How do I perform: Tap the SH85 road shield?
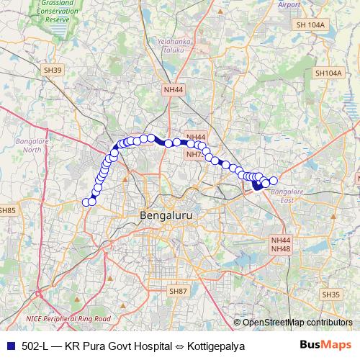click(8, 210)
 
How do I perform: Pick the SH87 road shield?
click(177, 290)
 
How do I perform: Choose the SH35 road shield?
click(331, 294)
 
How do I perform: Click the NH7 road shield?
click(194, 154)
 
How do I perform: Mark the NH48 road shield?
click(280, 248)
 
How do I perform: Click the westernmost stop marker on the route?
click(86, 202)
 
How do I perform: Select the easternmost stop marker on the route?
click(274, 181)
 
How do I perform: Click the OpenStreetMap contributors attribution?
click(297, 323)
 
